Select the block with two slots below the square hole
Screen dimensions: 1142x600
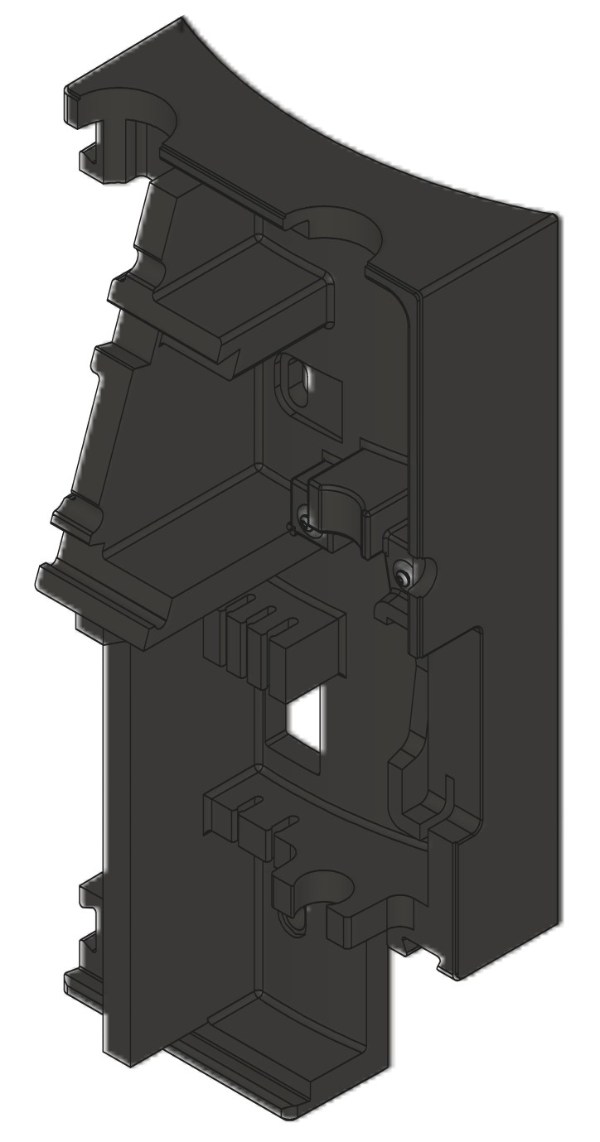tap(249, 816)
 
